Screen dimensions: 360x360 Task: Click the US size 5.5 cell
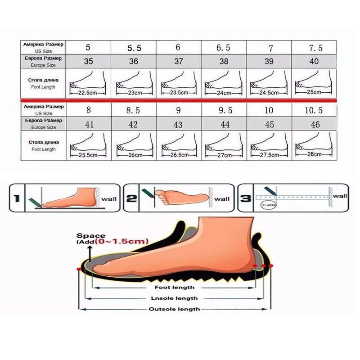(x=134, y=47)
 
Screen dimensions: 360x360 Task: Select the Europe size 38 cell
(x=224, y=61)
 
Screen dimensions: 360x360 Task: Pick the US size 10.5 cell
(x=314, y=110)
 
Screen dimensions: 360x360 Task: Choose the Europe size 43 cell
(x=179, y=124)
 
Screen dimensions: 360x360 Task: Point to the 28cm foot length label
(x=314, y=154)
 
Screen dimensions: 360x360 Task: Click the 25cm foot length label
(x=314, y=92)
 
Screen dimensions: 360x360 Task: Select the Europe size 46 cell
(x=314, y=124)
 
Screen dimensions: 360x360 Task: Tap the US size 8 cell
(x=89, y=110)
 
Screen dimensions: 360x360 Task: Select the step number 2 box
(x=131, y=197)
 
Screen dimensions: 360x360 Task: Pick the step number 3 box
(x=245, y=197)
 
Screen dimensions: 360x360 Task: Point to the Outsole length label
(x=174, y=309)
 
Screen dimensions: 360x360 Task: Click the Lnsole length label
(x=175, y=298)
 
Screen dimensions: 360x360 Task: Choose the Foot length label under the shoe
(x=175, y=287)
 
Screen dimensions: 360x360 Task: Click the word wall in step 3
(x=341, y=196)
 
